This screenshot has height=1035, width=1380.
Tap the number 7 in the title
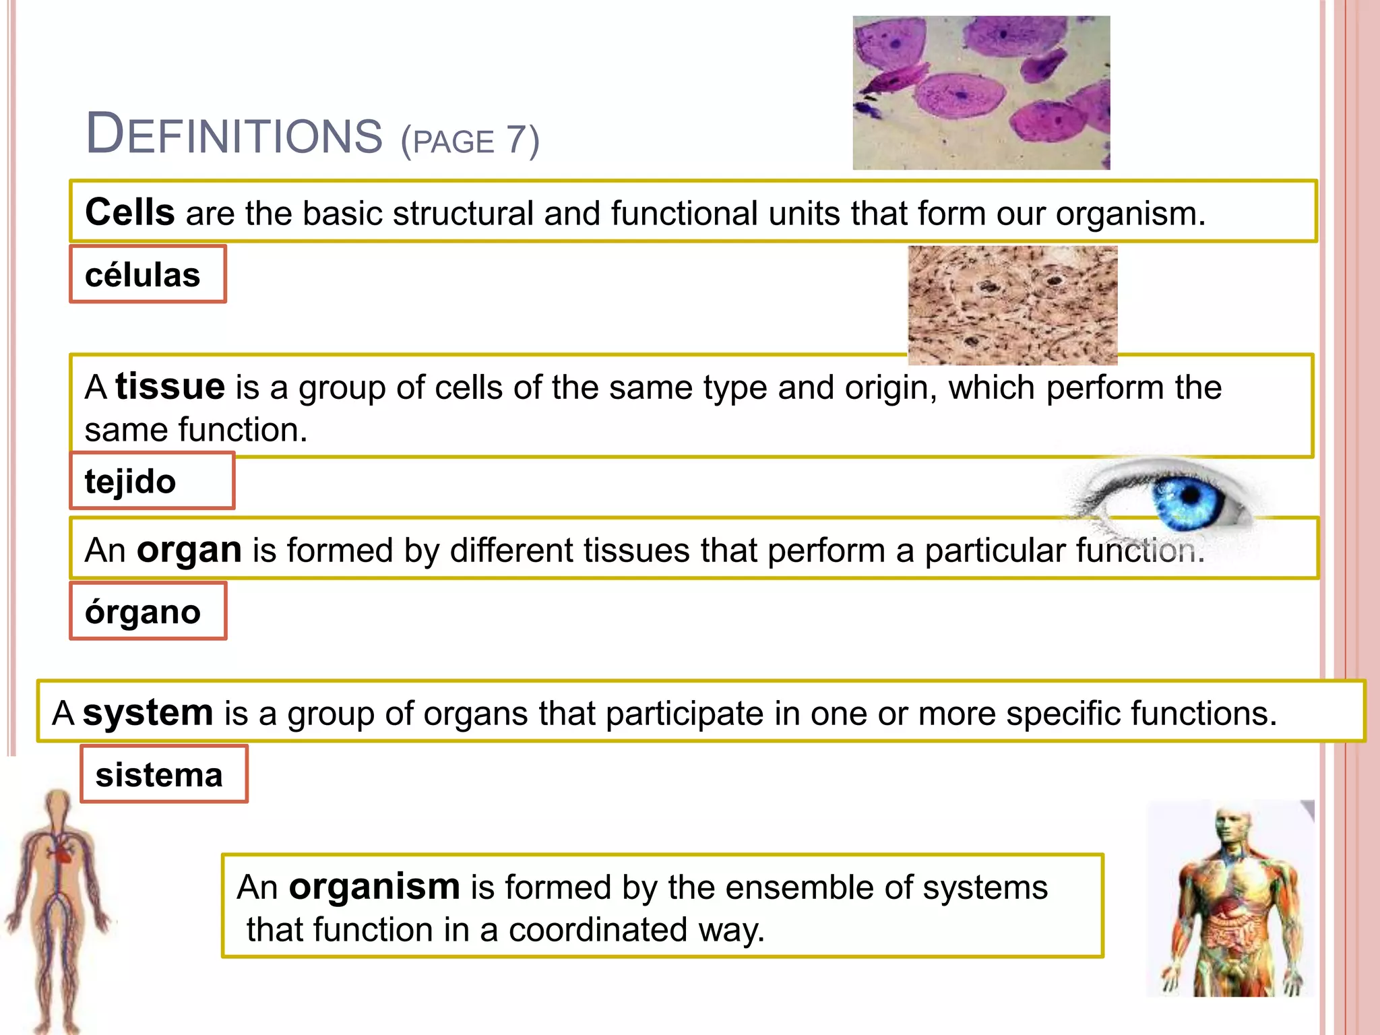tap(516, 139)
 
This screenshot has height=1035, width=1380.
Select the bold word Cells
tap(129, 212)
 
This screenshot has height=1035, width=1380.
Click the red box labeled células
tap(148, 274)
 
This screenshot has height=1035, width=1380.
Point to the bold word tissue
tap(170, 387)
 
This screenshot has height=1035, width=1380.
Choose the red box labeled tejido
tap(152, 481)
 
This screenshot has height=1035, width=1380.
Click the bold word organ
tap(189, 550)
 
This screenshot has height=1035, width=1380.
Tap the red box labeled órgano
tap(148, 611)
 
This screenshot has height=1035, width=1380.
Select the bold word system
tap(148, 712)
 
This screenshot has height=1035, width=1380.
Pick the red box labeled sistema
tap(164, 774)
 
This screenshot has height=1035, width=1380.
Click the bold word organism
tap(374, 886)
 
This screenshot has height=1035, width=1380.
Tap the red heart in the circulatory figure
tap(61, 854)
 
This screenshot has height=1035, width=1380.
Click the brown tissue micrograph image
tap(1012, 305)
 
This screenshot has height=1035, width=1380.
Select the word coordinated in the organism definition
tap(598, 930)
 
